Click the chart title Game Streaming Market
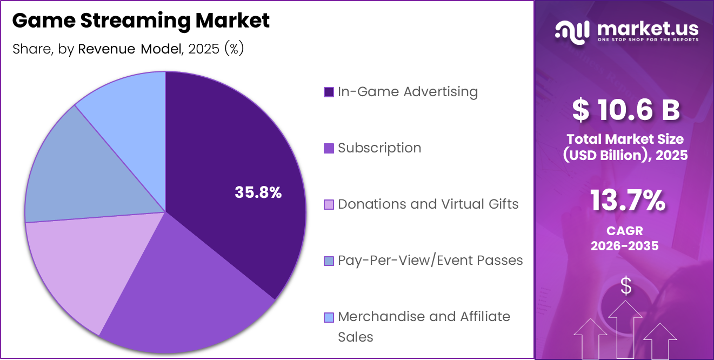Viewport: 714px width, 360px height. (141, 21)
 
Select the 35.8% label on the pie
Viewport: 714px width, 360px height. (258, 192)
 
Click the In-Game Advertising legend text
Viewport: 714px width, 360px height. (408, 92)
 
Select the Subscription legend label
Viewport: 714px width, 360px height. (379, 148)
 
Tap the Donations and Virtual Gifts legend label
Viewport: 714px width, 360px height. (428, 204)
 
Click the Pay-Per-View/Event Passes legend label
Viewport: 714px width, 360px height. (430, 261)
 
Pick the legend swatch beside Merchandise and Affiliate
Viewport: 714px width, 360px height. (329, 317)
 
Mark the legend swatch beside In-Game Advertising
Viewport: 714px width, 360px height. (329, 92)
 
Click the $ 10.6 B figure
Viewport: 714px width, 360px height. (625, 110)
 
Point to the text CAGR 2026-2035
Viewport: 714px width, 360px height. (624, 238)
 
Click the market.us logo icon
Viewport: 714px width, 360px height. (572, 32)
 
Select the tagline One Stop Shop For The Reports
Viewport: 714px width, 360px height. (647, 39)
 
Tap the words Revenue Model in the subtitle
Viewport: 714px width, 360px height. (129, 49)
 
